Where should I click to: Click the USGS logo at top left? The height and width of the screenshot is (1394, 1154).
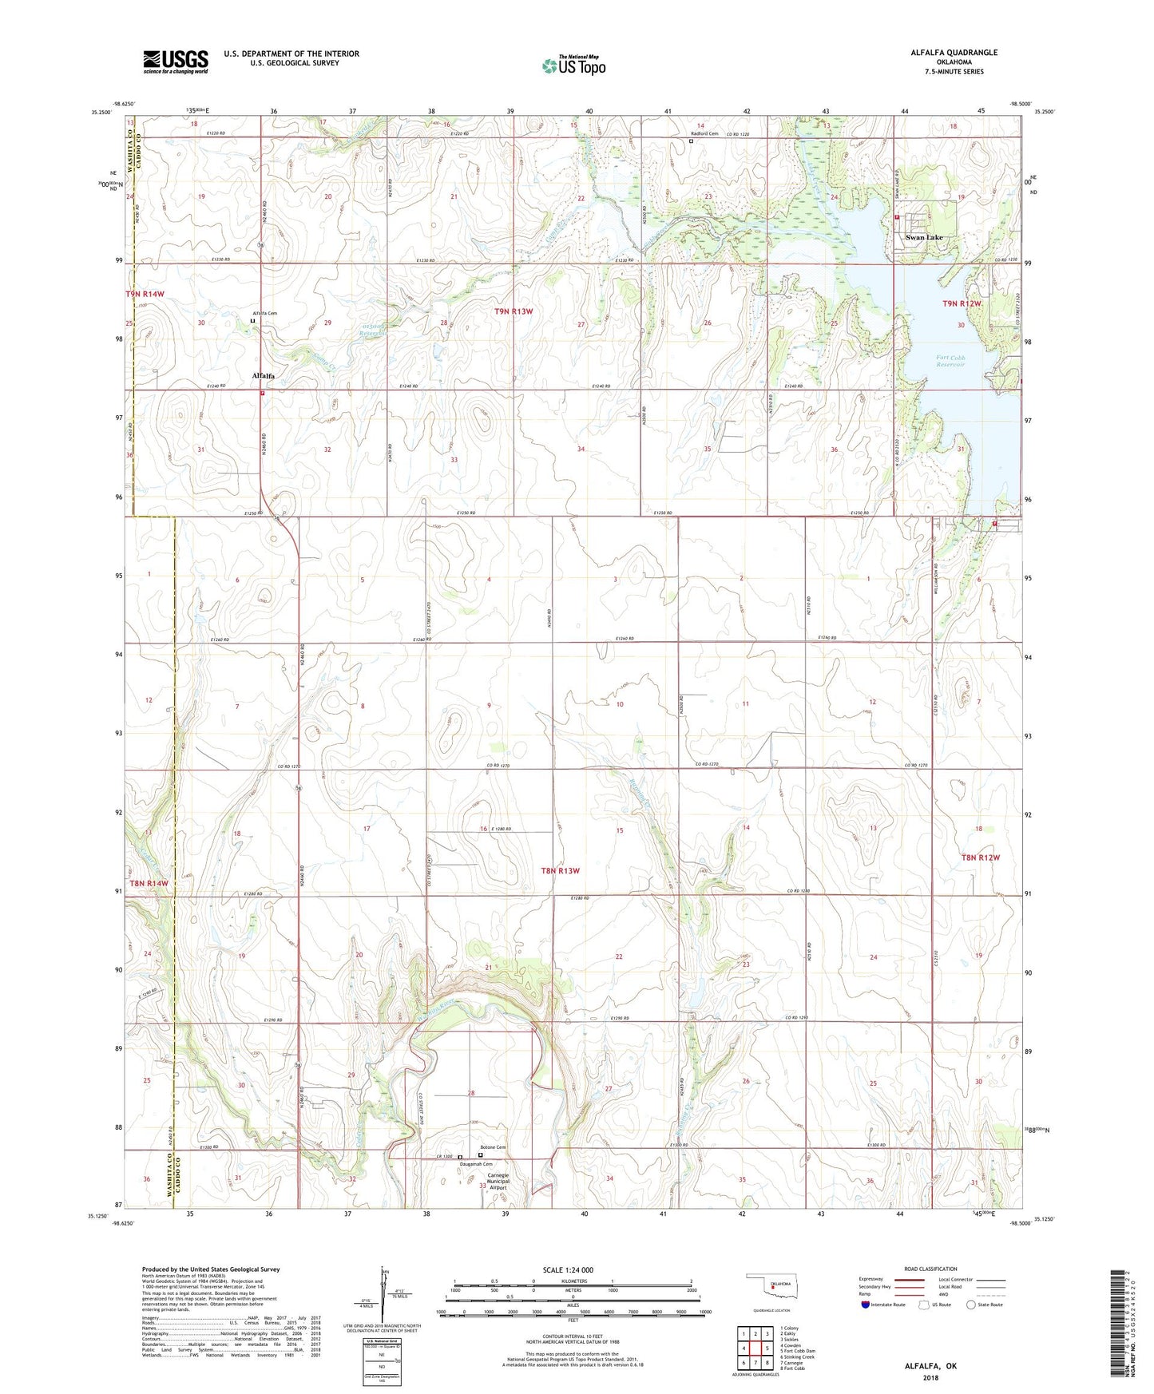click(x=176, y=61)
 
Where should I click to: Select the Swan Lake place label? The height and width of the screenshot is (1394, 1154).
click(x=924, y=238)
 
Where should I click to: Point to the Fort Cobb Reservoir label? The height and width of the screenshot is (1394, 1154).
click(x=950, y=361)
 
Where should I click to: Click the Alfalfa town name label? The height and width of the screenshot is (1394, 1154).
click(x=264, y=375)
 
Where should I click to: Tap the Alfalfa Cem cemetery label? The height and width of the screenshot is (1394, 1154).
click(x=264, y=314)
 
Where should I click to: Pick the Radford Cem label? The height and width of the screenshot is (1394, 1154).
click(x=704, y=134)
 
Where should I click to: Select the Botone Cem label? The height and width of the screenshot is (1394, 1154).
click(x=494, y=1147)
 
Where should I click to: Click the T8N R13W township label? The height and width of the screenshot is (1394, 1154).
click(x=560, y=871)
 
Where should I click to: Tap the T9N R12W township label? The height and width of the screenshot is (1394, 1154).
click(x=962, y=304)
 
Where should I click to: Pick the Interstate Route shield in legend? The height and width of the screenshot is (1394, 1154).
click(x=866, y=1305)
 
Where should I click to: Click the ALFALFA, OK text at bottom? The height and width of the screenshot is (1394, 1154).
click(x=930, y=1366)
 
